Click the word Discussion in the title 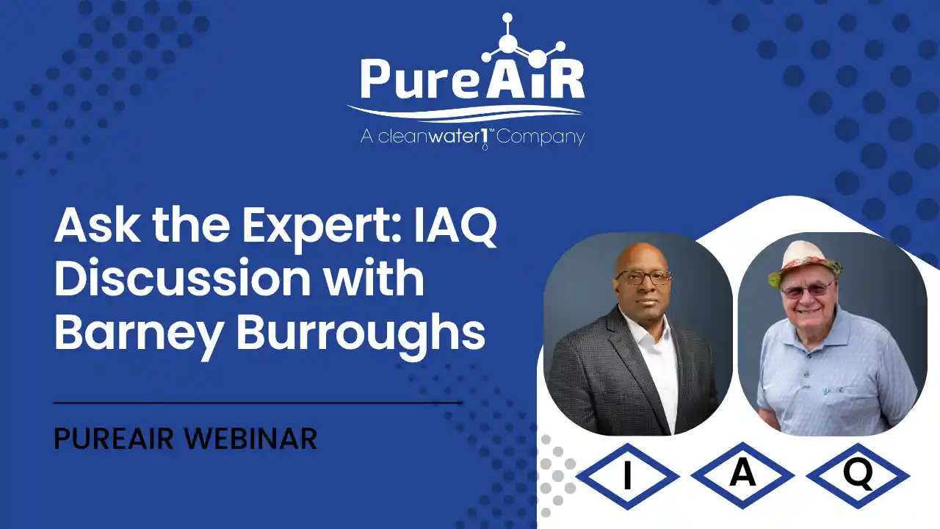click(x=183, y=278)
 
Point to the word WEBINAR click(x=250, y=439)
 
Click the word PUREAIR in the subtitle click(x=114, y=439)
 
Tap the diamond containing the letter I click(x=628, y=475)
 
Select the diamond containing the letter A click(x=742, y=475)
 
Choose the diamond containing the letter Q click(x=858, y=475)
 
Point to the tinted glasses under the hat click(x=806, y=289)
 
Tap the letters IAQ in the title click(x=456, y=228)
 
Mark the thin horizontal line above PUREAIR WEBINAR click(x=258, y=403)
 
